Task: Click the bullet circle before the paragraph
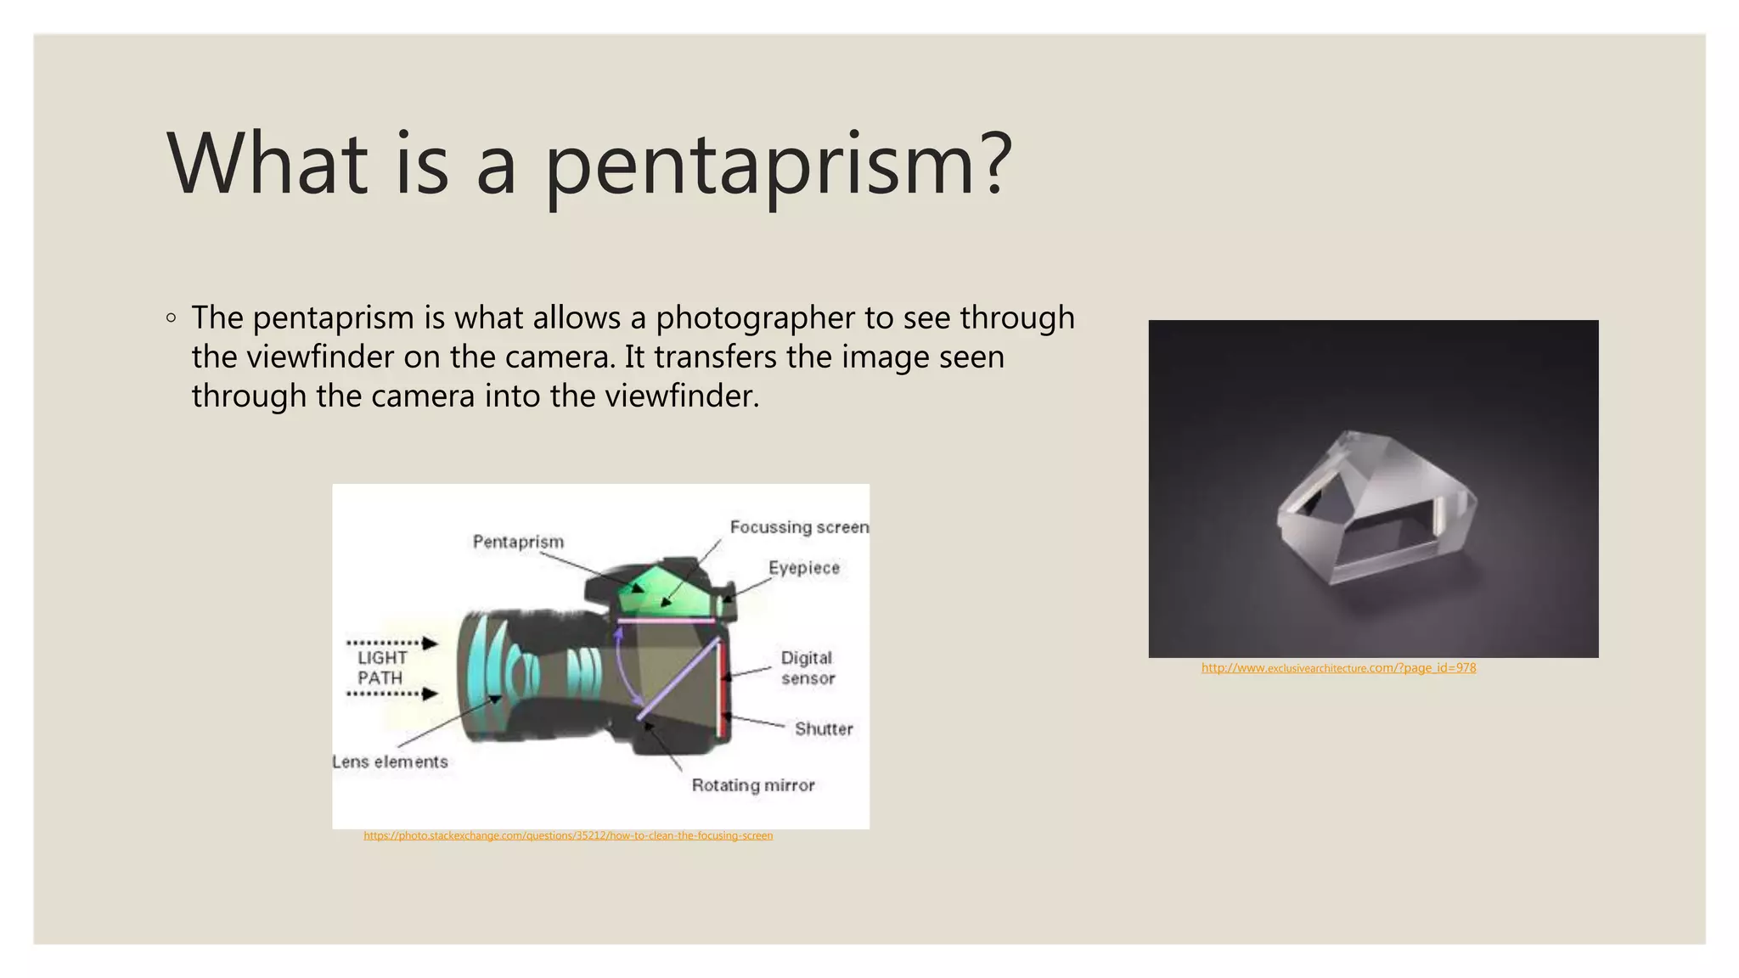(x=172, y=318)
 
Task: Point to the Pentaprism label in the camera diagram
(x=518, y=542)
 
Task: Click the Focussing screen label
(x=799, y=527)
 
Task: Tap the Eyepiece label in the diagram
(x=803, y=568)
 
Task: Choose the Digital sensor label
(x=808, y=668)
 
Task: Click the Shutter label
(x=823, y=728)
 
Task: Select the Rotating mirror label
(x=753, y=785)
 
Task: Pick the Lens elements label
(x=390, y=762)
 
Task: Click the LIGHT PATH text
(x=381, y=668)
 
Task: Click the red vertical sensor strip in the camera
(x=722, y=688)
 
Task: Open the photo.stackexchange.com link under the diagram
(x=568, y=835)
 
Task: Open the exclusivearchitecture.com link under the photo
(x=1338, y=668)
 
